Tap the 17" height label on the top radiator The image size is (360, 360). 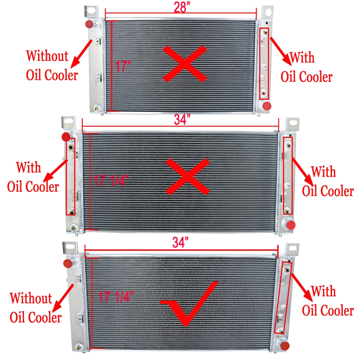coord(123,67)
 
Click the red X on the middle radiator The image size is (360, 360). coord(187,176)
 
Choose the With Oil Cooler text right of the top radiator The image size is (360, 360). coord(307,67)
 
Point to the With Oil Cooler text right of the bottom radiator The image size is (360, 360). coord(328,301)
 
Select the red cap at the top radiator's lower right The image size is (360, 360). coord(267,106)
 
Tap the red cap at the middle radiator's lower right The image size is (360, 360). coord(291,225)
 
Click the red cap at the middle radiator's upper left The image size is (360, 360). coord(66,136)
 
